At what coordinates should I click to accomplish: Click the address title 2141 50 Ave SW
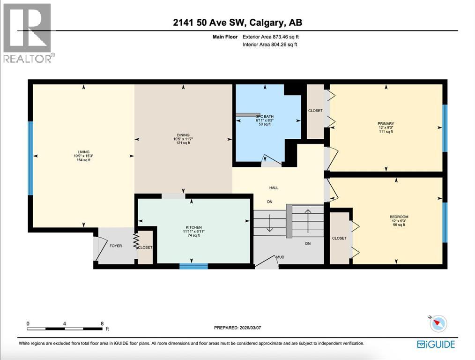pyautogui.click(x=237, y=23)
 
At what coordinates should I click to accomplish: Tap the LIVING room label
pyautogui.click(x=83, y=151)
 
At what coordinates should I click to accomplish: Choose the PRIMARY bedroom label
pyautogui.click(x=386, y=124)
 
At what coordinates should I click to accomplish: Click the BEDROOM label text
pyautogui.click(x=399, y=217)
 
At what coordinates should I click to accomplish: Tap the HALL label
pyautogui.click(x=274, y=187)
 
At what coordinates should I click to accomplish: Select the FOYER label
pyautogui.click(x=115, y=246)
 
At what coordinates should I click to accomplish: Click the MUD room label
pyautogui.click(x=280, y=257)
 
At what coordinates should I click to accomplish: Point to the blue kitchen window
pyautogui.click(x=193, y=266)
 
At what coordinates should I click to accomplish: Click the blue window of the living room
pyautogui.click(x=30, y=158)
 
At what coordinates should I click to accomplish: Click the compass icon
pyautogui.click(x=438, y=324)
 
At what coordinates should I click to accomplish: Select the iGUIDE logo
pyautogui.click(x=436, y=345)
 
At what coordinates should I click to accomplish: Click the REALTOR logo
pyautogui.click(x=28, y=33)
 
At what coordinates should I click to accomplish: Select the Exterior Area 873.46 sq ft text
pyautogui.click(x=270, y=37)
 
